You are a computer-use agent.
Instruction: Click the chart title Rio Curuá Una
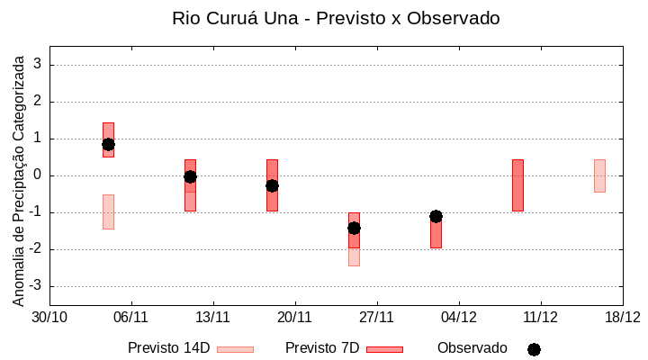click(336, 18)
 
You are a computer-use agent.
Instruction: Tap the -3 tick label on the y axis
click(36, 286)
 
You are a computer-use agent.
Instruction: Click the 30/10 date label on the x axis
click(49, 317)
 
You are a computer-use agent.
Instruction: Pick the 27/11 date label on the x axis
click(377, 317)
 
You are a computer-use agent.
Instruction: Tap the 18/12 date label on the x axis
click(622, 317)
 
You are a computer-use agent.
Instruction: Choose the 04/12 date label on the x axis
click(459, 317)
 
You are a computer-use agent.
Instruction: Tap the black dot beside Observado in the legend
click(534, 349)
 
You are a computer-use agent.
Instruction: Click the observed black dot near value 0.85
click(108, 144)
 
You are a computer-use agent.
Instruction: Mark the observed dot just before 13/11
click(190, 176)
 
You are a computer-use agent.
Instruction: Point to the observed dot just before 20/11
click(272, 185)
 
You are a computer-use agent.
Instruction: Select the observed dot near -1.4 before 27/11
click(354, 228)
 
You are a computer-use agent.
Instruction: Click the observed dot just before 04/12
click(436, 216)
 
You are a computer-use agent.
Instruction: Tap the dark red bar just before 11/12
click(517, 185)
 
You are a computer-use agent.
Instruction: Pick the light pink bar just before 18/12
click(599, 175)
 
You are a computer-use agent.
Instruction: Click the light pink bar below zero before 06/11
click(108, 211)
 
